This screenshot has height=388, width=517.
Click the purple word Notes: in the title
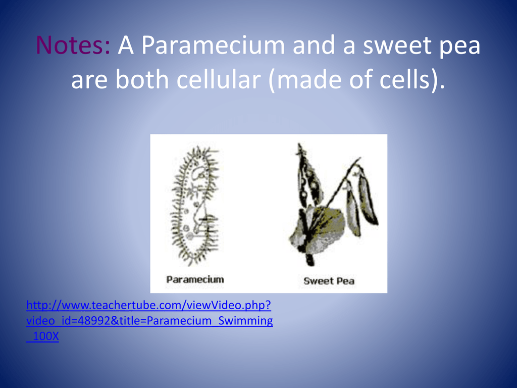73,45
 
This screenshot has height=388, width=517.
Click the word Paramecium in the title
213,45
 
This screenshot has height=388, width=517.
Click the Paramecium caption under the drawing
195,279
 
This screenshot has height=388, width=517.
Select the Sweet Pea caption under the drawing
329,281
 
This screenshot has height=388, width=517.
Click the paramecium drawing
195,206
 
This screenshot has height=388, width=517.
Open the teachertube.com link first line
149,305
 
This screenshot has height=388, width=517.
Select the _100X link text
42,336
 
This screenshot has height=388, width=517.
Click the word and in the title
314,45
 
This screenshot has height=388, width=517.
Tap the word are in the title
89,81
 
